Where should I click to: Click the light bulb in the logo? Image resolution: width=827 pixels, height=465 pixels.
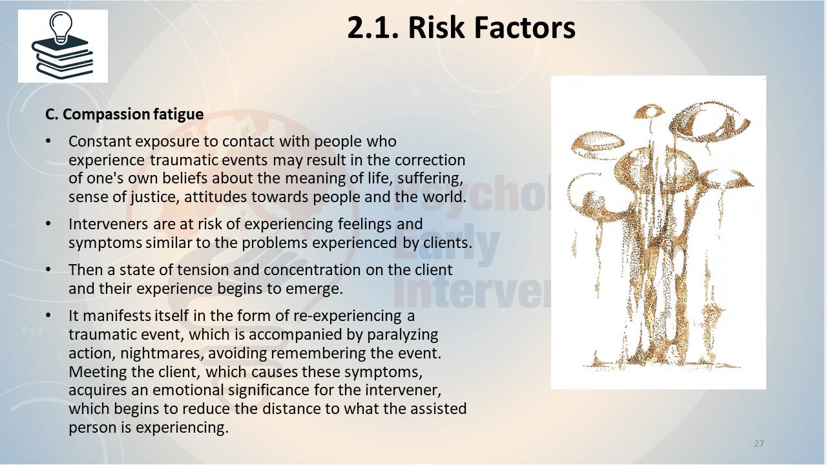click(x=61, y=27)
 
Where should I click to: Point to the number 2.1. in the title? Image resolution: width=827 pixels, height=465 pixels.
click(x=373, y=27)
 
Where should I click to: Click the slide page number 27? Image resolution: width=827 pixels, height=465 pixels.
click(x=759, y=444)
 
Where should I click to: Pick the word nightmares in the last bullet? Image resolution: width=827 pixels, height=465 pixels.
click(x=162, y=353)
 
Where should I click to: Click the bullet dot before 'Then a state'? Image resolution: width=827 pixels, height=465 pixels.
click(x=48, y=270)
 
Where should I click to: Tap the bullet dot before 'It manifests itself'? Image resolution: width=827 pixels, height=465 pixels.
click(x=48, y=316)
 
